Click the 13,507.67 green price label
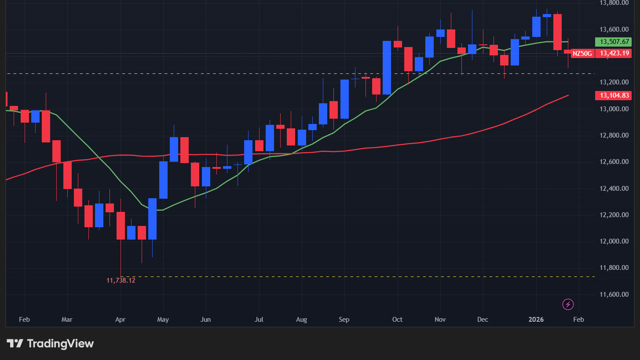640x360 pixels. click(x=615, y=42)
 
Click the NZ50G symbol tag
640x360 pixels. click(x=583, y=54)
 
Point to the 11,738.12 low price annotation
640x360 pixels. click(x=121, y=280)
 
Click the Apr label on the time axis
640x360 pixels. click(x=121, y=320)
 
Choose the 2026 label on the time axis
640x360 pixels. click(x=536, y=320)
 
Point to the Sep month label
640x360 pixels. click(x=344, y=320)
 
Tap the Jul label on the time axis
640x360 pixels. click(x=259, y=320)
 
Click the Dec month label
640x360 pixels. click(x=483, y=320)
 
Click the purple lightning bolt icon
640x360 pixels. click(x=568, y=304)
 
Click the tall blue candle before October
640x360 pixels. click(x=387, y=67)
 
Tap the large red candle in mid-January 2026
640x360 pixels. click(x=557, y=32)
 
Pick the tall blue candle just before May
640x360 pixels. click(x=153, y=218)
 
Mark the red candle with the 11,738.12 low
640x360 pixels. click(x=121, y=225)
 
